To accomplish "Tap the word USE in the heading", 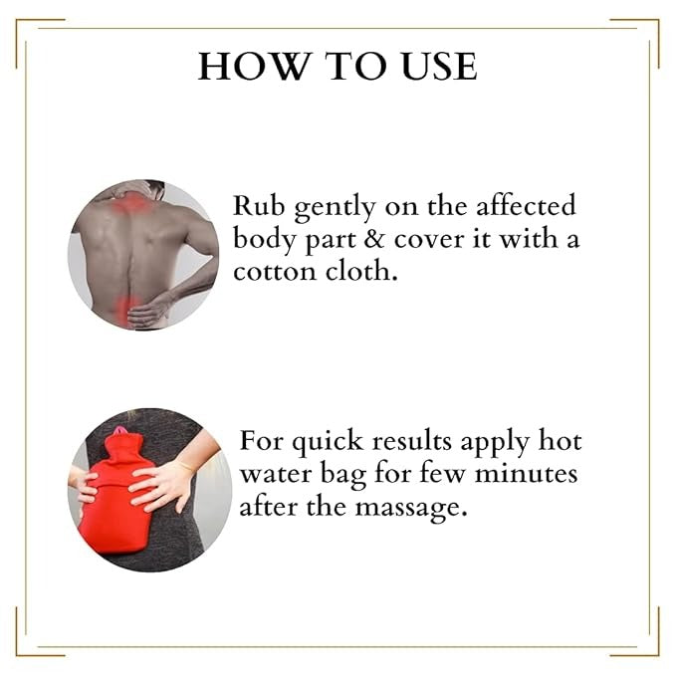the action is coord(439,66).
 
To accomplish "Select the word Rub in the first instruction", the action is coord(259,206).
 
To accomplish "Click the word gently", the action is coord(335,209).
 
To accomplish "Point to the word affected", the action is coord(526,205).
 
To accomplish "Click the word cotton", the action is coord(275,272).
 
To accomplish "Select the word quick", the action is coord(328,443).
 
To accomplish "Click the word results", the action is coord(412,441).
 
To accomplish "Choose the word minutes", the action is coord(526,473).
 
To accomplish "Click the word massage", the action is coord(411,509).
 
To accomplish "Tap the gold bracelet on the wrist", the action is coord(185,466).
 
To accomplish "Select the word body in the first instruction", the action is coord(264,239).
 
